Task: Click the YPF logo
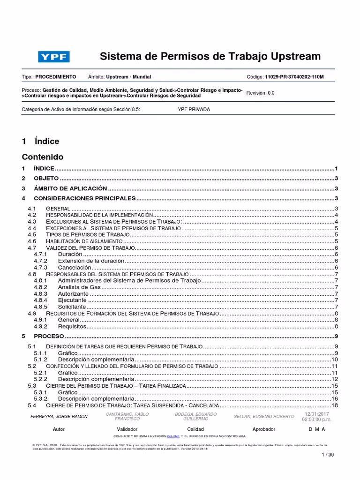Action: click(x=54, y=57)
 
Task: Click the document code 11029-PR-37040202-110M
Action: click(x=294, y=76)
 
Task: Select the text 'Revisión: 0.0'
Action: click(x=260, y=93)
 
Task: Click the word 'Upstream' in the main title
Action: click(x=294, y=57)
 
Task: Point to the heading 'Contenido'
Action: click(x=43, y=157)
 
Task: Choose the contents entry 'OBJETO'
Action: click(x=46, y=179)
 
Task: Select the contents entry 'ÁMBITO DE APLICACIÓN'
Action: click(x=70, y=188)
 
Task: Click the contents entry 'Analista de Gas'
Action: click(x=79, y=287)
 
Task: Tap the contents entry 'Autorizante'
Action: click(x=73, y=293)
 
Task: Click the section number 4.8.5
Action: click(x=41, y=307)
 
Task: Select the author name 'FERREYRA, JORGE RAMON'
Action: click(x=59, y=417)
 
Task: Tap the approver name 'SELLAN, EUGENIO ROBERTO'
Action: click(x=264, y=416)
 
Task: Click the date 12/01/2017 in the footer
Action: click(x=317, y=414)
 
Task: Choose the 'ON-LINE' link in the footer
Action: click(x=173, y=436)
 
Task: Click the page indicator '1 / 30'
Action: click(x=328, y=455)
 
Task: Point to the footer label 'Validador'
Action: click(x=127, y=429)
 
